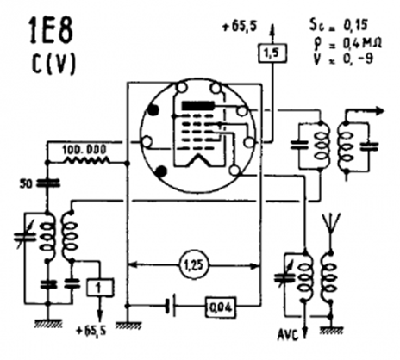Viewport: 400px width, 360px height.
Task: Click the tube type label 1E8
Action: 51,30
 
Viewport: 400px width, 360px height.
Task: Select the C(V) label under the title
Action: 53,64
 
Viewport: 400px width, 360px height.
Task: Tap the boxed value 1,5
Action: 272,53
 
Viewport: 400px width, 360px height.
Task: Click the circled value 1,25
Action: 194,266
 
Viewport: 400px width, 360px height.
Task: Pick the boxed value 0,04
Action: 221,307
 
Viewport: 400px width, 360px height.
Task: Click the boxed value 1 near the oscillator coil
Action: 100,288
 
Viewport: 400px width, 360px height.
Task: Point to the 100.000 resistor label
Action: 84,150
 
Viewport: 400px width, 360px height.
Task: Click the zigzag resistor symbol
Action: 86,161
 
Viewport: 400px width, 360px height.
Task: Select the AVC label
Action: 288,335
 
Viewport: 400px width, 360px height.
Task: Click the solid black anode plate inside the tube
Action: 198,106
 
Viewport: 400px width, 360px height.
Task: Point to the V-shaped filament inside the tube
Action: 198,160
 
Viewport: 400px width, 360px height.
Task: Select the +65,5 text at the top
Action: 240,28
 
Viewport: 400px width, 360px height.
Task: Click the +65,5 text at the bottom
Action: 91,331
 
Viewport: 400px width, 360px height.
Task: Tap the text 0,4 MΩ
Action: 362,44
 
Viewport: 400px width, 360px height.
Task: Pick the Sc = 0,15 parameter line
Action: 338,24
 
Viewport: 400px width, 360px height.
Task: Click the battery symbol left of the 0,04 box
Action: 171,307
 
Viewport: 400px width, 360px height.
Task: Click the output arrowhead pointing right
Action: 379,110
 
